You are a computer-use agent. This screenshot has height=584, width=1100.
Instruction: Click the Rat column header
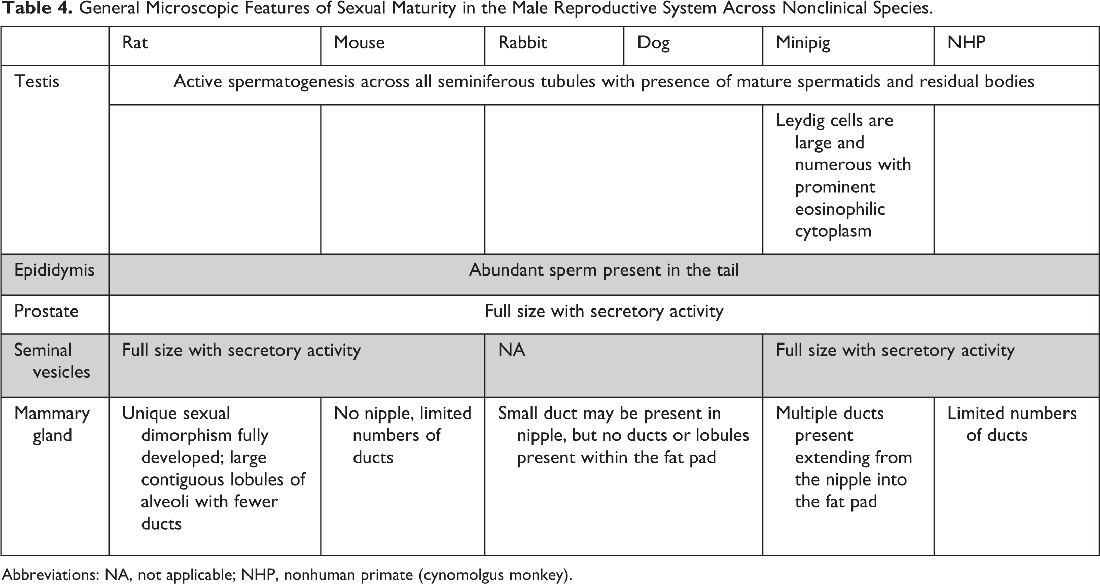(x=135, y=43)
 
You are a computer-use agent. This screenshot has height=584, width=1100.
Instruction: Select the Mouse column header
(x=359, y=43)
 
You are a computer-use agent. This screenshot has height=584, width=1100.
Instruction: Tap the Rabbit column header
(x=522, y=43)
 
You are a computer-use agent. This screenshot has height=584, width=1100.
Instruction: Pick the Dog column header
(x=653, y=43)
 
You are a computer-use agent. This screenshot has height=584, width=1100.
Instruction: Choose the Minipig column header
(x=803, y=43)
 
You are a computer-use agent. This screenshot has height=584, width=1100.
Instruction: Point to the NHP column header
(x=966, y=43)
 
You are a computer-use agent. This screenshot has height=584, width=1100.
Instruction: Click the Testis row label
(x=37, y=82)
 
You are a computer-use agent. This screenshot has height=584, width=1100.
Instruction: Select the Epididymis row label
(x=54, y=270)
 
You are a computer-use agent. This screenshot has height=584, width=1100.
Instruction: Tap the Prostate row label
(x=46, y=311)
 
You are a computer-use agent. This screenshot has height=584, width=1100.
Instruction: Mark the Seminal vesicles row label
(x=52, y=361)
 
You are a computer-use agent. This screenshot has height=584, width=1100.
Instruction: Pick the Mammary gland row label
(x=52, y=424)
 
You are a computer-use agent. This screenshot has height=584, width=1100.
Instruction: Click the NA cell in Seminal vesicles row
(x=512, y=350)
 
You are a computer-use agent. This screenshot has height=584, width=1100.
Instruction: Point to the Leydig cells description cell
(x=843, y=176)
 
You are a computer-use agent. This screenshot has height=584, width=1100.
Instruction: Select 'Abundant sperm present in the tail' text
(x=604, y=270)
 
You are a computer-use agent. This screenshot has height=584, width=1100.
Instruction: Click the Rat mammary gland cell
(x=214, y=468)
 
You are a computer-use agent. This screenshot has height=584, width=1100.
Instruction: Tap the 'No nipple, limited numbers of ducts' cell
(x=402, y=435)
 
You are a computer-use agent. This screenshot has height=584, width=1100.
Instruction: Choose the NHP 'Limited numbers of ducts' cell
(x=1011, y=424)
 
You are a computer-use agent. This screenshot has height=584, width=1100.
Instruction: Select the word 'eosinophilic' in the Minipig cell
(x=840, y=209)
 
